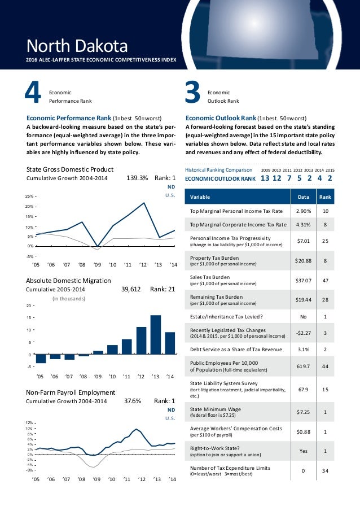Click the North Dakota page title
click(x=78, y=45)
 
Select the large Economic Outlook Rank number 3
click(x=193, y=95)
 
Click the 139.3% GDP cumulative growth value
click(x=137, y=178)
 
